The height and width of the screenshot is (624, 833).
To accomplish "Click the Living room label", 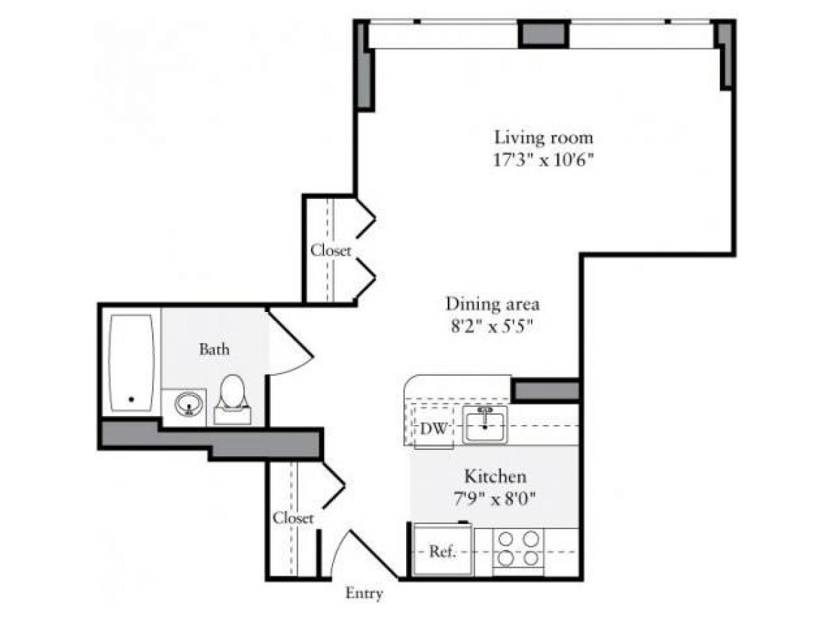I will coord(544,136).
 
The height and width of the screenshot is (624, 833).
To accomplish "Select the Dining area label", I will coord(493,303).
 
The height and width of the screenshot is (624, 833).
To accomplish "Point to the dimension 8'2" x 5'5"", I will coord(493,327).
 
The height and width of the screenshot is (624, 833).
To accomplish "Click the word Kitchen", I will coord(495,476).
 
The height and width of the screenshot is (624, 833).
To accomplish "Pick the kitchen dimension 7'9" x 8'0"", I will coord(494,498).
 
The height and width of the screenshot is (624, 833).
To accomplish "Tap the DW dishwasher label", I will coord(433,428).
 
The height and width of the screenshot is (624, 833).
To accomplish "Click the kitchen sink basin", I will coord(485,424).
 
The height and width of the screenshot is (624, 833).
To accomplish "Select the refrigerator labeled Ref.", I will coord(443,551).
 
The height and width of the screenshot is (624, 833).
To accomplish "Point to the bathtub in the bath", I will coord(132,363).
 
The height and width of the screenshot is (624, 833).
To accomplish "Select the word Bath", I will coord(214,349).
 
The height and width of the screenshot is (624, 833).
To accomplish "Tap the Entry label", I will coord(364,593).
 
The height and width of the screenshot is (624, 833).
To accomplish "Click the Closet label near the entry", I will coord(293,517).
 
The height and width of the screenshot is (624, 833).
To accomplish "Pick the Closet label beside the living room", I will coord(330,250).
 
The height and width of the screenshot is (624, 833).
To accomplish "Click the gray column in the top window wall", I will coord(545,34).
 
